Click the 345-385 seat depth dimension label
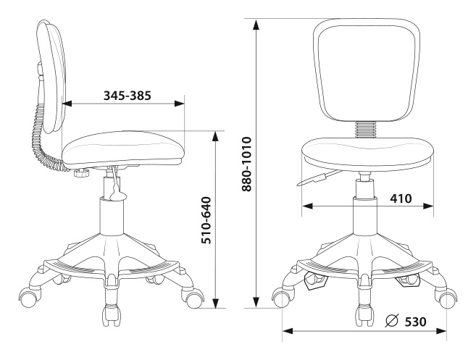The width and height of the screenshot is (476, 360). [x=128, y=96]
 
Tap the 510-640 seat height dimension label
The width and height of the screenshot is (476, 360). [x=206, y=220]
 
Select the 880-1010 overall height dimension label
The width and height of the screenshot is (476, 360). [x=247, y=164]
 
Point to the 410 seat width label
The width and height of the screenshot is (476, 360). [x=401, y=198]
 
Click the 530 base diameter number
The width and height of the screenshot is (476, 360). [x=415, y=322]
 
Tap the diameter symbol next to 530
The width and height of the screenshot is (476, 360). [x=392, y=321]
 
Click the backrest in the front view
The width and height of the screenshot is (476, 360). [x=367, y=70]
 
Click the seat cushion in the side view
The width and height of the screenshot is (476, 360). [x=123, y=148]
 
